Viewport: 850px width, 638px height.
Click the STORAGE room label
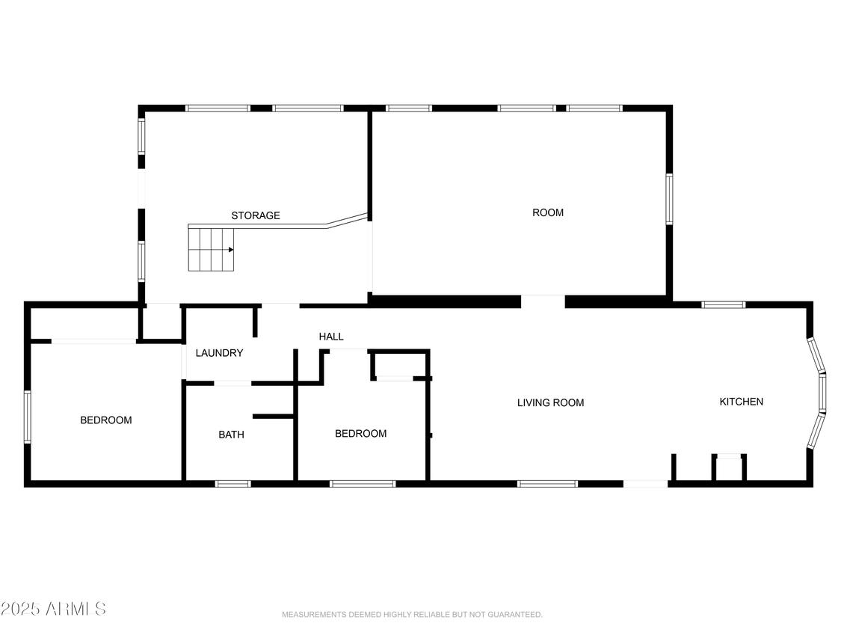(x=255, y=215)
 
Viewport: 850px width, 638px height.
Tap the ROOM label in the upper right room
(x=547, y=212)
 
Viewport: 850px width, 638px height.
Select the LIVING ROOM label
(x=550, y=402)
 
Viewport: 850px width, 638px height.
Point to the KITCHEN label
(x=741, y=402)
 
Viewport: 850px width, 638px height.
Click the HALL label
(x=331, y=337)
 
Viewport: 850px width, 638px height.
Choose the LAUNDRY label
(x=219, y=353)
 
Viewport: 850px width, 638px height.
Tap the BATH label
(x=231, y=434)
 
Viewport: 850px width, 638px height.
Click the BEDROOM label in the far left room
(x=105, y=420)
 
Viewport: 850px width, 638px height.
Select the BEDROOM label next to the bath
(x=360, y=434)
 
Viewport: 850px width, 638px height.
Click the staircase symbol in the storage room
(x=212, y=250)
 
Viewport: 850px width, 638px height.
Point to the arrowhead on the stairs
(x=231, y=250)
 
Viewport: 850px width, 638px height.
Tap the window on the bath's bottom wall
(x=232, y=484)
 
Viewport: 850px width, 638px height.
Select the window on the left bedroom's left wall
(x=28, y=417)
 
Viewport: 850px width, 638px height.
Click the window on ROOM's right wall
(x=669, y=199)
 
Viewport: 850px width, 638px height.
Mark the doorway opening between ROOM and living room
(x=543, y=301)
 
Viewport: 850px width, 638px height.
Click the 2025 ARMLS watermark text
(x=53, y=609)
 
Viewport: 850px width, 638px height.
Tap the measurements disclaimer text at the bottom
(x=412, y=615)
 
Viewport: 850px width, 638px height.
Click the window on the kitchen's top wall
(x=723, y=304)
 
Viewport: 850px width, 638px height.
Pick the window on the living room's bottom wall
(x=547, y=484)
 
